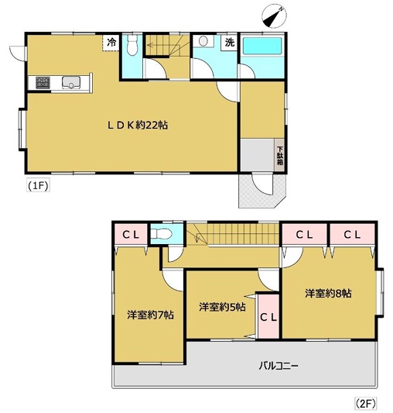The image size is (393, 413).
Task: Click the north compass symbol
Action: click(275, 15)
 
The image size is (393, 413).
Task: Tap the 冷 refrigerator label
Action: click(111, 42)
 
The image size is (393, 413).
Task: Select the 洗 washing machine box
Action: click(230, 42)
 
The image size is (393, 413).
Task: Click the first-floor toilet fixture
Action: click(132, 45)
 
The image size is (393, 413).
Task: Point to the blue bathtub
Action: click(262, 46)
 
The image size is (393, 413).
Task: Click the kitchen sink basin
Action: click(70, 82)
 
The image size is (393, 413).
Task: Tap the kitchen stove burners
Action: click(43, 82)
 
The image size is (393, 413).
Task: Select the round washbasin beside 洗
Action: click(203, 41)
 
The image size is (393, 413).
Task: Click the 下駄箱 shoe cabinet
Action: click(279, 155)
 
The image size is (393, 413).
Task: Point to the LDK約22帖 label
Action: click(138, 125)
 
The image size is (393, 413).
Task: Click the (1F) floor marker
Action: click(38, 186)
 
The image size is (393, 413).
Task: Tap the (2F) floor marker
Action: click(366, 403)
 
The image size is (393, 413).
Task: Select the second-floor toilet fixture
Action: click(161, 233)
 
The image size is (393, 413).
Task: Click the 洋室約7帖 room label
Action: click(150, 315)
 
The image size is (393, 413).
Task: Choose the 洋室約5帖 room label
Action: click(222, 307)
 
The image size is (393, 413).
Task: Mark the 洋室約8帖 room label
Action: click(328, 293)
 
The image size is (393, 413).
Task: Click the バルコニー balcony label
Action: click(279, 366)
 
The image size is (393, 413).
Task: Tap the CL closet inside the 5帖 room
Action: click(268, 316)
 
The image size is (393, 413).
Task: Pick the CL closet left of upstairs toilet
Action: click(131, 235)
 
